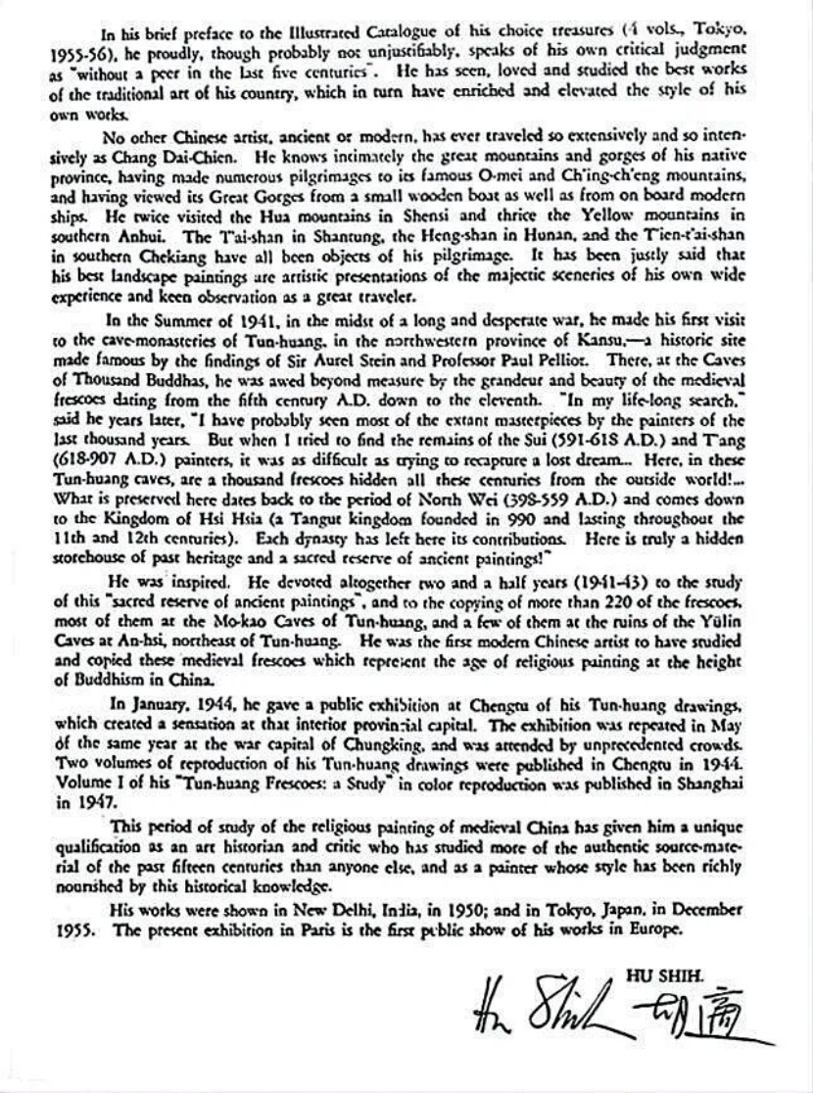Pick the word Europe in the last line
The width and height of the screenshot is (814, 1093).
[650, 926]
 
